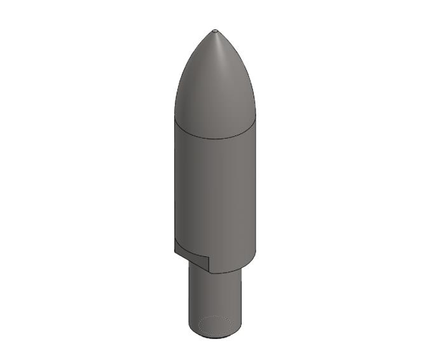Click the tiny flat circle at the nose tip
[215, 30]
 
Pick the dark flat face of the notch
[191, 254]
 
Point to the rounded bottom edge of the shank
[215, 337]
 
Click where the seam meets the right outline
[256, 119]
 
